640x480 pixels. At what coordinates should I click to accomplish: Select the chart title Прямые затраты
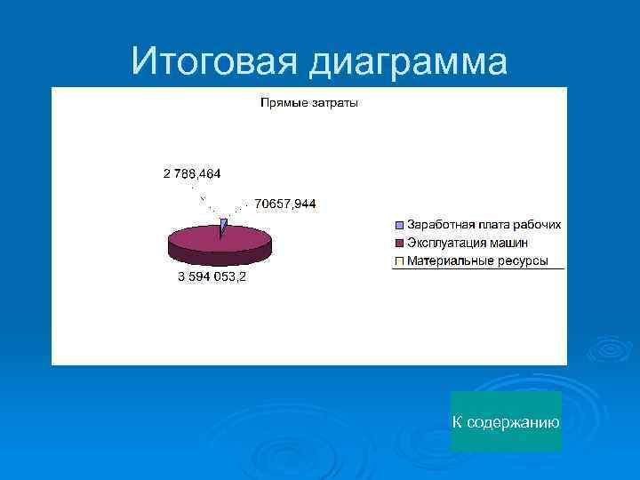coord(309,104)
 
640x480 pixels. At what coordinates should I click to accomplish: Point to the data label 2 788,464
coord(192,172)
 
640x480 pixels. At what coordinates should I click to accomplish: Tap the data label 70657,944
coord(284,204)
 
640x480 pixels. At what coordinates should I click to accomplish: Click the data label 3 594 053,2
coord(212,276)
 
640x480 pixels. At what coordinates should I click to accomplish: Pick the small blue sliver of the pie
coord(223,227)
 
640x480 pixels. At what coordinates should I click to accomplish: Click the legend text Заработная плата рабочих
coord(484,225)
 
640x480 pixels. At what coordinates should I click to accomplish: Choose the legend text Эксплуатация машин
coord(468,243)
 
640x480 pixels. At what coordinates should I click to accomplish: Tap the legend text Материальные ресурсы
coord(477,260)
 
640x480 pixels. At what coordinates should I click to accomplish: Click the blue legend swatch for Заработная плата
coord(399,226)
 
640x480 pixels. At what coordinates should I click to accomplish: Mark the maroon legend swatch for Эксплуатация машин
coord(399,244)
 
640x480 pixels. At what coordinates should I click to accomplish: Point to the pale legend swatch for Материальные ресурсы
coord(399,261)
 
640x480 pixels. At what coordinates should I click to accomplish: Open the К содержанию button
coord(506,421)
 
